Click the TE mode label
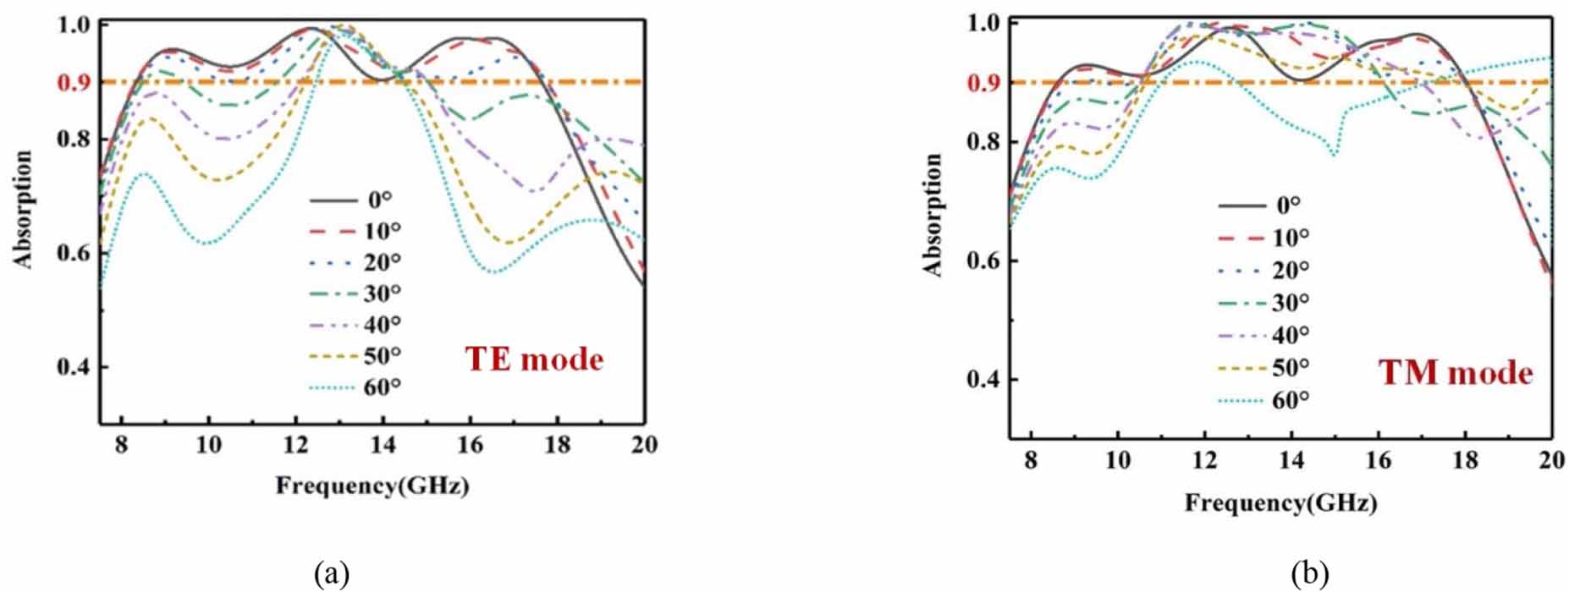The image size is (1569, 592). point(534,359)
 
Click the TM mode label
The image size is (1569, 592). point(1456,373)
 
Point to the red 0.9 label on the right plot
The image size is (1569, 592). point(983,83)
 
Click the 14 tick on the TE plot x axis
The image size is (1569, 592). point(383,445)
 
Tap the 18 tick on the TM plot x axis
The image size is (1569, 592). point(1465,461)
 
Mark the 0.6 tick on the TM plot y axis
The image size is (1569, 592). point(983,261)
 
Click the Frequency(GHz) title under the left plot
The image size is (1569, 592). point(372,485)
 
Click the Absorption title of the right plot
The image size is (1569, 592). point(933,215)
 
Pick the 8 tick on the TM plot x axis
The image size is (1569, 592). point(1030,461)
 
